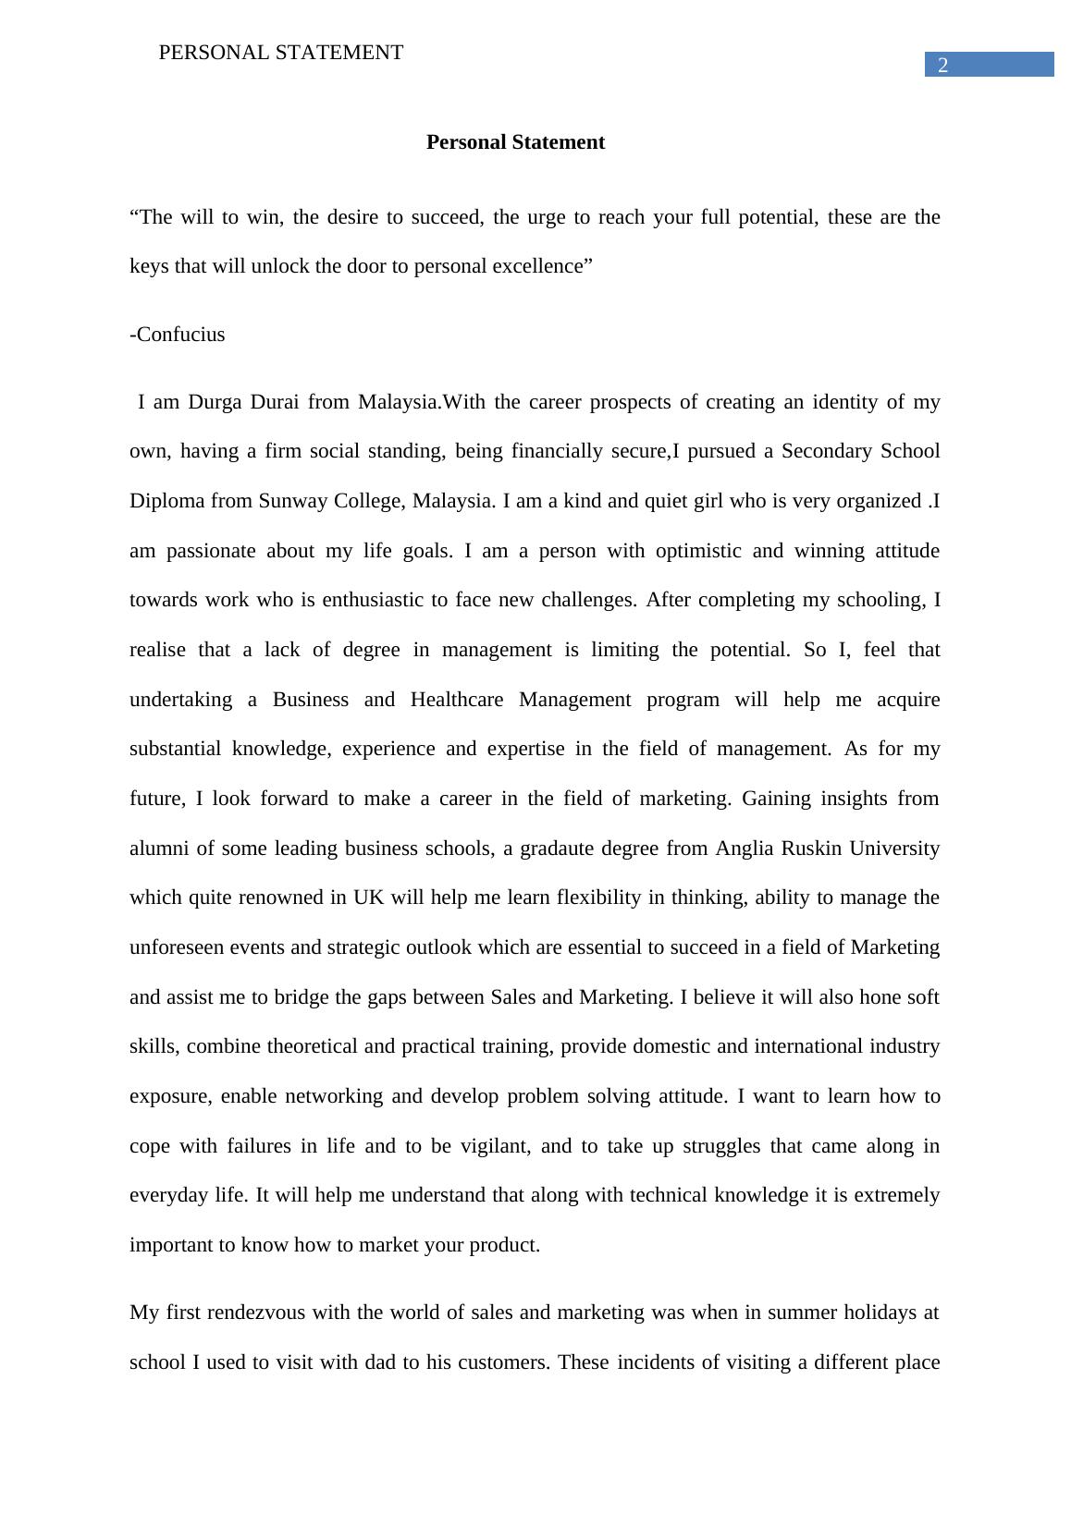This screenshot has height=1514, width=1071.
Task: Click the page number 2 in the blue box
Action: click(x=942, y=65)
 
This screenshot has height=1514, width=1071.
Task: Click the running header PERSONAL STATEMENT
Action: click(x=281, y=53)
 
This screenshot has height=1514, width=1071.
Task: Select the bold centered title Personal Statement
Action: click(x=515, y=142)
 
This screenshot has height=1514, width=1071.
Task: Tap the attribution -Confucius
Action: click(x=178, y=335)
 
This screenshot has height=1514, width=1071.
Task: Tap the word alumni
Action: click(x=159, y=849)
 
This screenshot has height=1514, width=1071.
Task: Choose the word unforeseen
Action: click(x=177, y=947)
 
